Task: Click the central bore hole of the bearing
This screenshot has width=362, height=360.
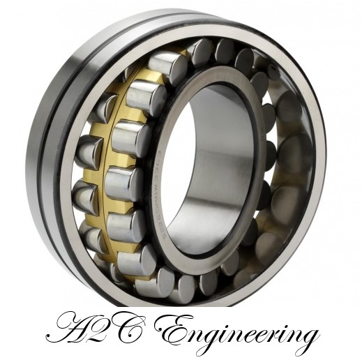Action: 209,167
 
